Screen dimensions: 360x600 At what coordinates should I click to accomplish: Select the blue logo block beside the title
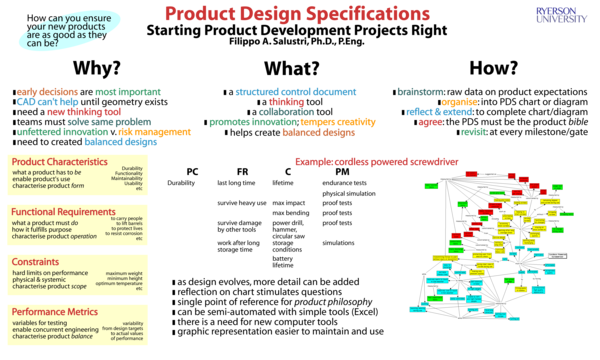pos(561,14)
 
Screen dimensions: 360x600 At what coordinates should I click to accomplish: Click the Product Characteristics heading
pos(60,161)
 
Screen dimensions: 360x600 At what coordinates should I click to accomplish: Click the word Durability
pos(132,168)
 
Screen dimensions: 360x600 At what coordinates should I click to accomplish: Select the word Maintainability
pos(126,178)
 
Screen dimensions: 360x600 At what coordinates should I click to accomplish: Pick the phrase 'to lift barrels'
pos(127,223)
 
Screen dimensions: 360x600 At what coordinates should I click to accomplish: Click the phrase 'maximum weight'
pos(125,273)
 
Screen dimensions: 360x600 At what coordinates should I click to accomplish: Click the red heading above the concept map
pos(376,161)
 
